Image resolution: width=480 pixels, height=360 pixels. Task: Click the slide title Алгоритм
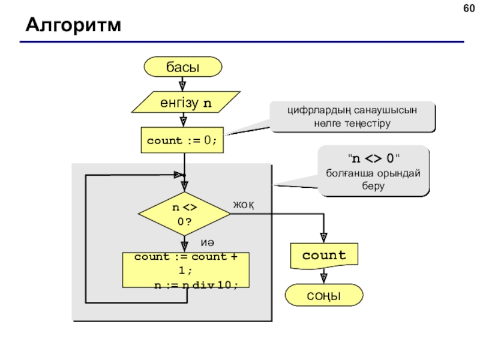pos(73,25)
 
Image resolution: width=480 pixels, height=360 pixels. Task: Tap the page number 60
pos(469,8)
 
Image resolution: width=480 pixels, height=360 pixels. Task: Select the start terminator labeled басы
pos(183,67)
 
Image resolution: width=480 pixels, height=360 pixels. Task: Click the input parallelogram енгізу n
pos(186,102)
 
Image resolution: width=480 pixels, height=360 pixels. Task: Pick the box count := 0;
pos(182,140)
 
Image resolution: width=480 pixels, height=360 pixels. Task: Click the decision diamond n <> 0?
pos(184,214)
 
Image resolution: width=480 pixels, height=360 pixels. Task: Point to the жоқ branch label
pos(244,205)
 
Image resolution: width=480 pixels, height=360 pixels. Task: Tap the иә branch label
pos(207,243)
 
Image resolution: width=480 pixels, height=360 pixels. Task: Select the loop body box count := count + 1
pos(186,270)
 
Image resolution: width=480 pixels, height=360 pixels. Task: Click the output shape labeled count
pos(324,256)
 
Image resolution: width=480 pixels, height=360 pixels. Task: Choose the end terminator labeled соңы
pos(324,295)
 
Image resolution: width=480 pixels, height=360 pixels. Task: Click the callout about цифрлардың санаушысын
pos(352,116)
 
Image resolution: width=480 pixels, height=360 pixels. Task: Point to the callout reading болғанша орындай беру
pos(373,171)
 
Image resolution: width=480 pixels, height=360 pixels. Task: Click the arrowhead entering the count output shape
pos(323,238)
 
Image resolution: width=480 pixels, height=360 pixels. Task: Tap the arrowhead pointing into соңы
pos(323,278)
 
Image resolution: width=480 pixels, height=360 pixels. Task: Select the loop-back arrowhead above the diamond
pos(179,175)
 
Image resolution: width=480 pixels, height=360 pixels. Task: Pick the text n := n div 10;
pos(196,285)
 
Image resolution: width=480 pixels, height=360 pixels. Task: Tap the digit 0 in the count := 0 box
pos(208,140)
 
